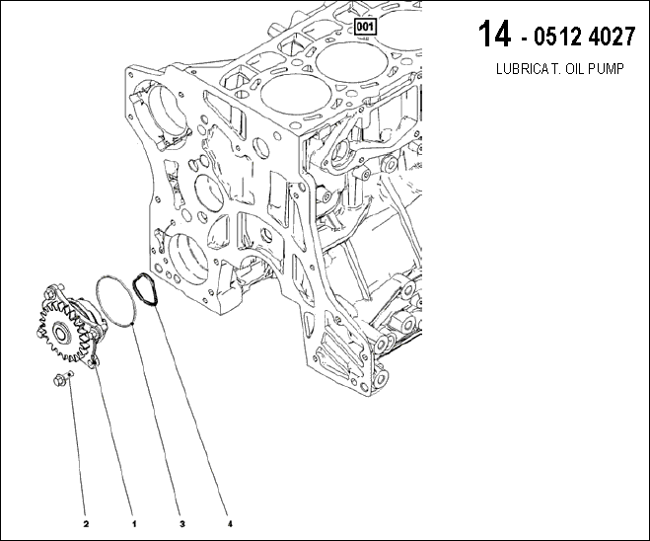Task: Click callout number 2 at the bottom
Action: [x=86, y=524]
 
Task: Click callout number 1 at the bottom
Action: [x=134, y=524]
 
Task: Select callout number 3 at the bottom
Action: [x=182, y=524]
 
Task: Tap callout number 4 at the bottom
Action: [x=230, y=524]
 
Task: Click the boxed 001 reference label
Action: [x=365, y=27]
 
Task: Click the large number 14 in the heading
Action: [x=494, y=34]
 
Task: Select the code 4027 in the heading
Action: [x=612, y=37]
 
